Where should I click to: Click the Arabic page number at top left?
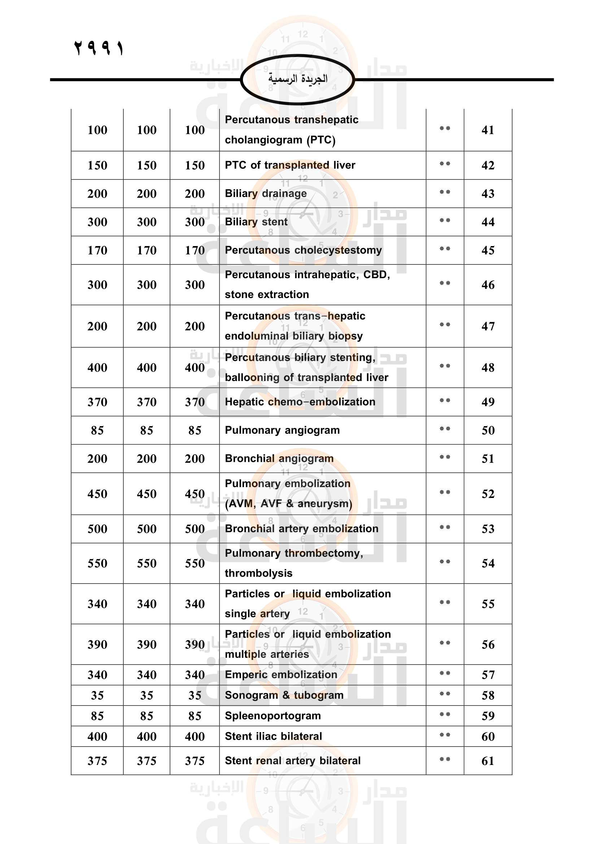pyautogui.click(x=99, y=48)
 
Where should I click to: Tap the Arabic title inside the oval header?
pyautogui.click(x=297, y=79)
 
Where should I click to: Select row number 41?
pyautogui.click(x=488, y=130)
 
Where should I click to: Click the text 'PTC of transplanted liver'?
pyautogui.click(x=290, y=165)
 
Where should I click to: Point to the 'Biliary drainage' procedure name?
pyautogui.click(x=265, y=193)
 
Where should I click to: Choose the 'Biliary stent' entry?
pyautogui.click(x=256, y=222)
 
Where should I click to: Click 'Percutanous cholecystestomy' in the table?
pyautogui.click(x=303, y=250)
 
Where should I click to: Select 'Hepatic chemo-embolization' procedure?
pyautogui.click(x=300, y=402)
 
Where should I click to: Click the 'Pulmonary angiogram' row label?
pyautogui.click(x=282, y=430)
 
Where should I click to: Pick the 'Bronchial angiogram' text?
pyautogui.click(x=279, y=458)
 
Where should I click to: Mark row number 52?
pyautogui.click(x=488, y=494)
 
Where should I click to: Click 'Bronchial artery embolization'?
pyautogui.click(x=301, y=529)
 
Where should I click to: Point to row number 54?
pyautogui.click(x=488, y=563)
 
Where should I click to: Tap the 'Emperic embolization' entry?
pyautogui.click(x=281, y=674)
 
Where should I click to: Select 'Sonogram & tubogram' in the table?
pyautogui.click(x=284, y=695)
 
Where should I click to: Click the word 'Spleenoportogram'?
pyautogui.click(x=273, y=716)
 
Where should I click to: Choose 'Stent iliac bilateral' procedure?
pyautogui.click(x=273, y=736)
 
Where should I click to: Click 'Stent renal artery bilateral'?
pyautogui.click(x=292, y=761)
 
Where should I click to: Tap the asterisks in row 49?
pyautogui.click(x=445, y=400)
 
